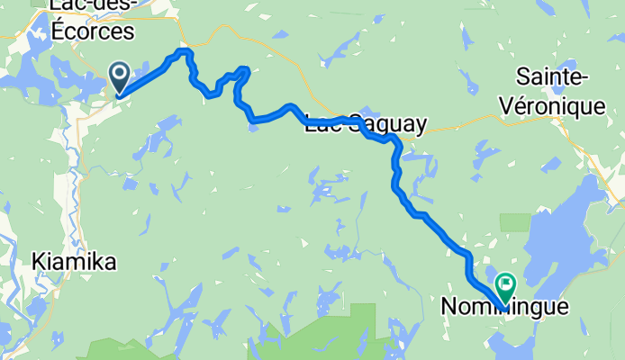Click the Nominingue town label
pos(504,308)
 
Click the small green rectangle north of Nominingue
pos(516,222)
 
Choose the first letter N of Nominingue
pos(448,308)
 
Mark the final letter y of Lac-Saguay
pos(418,128)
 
